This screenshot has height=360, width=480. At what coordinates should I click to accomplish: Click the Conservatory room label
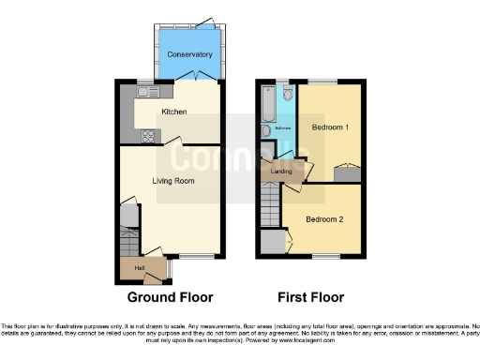[x=190, y=54]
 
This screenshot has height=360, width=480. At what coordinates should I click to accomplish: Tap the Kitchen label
[x=174, y=112]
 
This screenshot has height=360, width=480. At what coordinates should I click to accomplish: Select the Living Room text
[x=174, y=180]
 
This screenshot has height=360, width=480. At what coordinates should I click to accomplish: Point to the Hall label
[x=140, y=268]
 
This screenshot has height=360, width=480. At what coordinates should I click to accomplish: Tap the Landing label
[x=281, y=172]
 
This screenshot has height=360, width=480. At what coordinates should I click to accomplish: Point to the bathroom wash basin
[x=267, y=131]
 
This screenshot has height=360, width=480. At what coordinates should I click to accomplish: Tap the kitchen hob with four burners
[x=148, y=135]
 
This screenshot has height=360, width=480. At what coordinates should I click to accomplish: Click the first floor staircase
[x=270, y=201]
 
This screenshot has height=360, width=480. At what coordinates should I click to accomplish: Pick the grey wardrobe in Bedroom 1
[x=348, y=173]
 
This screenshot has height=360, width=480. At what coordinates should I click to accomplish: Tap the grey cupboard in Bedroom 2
[x=273, y=242]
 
